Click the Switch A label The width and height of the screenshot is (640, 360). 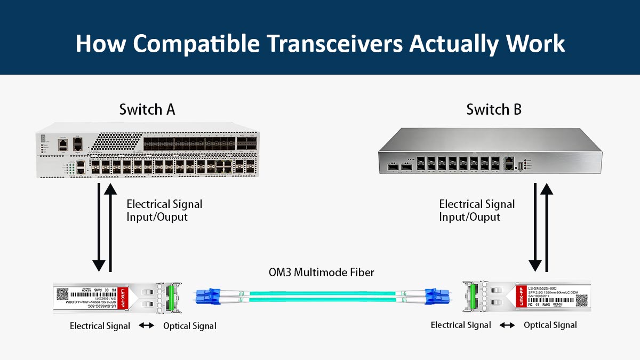[x=147, y=110]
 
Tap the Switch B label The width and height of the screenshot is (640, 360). [x=494, y=110]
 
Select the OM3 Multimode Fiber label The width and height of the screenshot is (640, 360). [x=321, y=273]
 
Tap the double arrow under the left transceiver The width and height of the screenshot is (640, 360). [x=147, y=326]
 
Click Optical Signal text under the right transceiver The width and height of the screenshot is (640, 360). [x=550, y=325]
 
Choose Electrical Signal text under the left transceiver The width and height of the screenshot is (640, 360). [x=100, y=326]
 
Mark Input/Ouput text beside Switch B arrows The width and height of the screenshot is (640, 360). [x=469, y=217]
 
